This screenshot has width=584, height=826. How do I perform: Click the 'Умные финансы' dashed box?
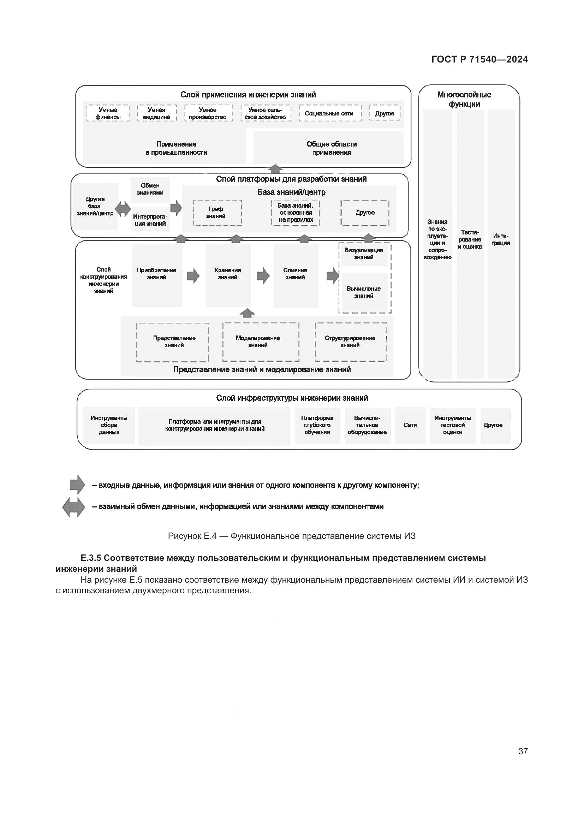coord(108,113)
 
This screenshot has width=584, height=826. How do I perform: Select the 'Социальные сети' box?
coord(329,113)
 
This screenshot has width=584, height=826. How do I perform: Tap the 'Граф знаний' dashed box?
coord(217,213)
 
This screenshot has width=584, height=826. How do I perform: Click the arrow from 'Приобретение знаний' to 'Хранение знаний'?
coord(193,276)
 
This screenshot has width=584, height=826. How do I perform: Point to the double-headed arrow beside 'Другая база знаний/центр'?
coord(123,209)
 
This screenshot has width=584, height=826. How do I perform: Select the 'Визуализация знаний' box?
coord(364,254)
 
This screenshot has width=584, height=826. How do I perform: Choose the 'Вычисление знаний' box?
coord(364,292)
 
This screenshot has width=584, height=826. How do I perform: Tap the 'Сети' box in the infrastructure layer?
coord(410,425)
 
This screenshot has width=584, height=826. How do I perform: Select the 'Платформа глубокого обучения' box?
coord(317,425)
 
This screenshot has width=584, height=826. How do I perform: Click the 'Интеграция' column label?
coord(501,239)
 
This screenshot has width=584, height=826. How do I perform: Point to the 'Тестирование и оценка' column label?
coord(470,239)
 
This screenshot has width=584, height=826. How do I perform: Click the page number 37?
coord(523,751)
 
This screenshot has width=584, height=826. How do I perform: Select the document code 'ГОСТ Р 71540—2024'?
coord(479,59)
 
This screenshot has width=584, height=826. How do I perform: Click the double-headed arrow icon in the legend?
coord(74,507)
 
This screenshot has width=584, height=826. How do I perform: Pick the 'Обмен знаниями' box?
coord(150,189)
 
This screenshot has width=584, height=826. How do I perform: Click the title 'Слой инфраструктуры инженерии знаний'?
coord(292,398)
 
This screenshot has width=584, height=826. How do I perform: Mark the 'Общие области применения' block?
coord(332,148)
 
